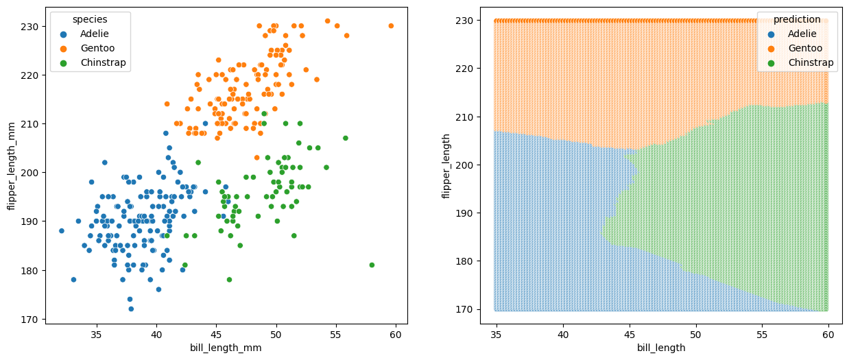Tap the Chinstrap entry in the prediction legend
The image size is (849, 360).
811,62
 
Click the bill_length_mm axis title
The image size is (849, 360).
226,348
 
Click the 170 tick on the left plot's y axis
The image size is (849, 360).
30,319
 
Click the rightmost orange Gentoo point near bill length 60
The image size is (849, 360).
391,26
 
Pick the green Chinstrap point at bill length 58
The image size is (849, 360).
372,265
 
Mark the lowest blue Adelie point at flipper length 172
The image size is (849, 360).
131,309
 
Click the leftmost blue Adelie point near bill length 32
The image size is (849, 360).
62,230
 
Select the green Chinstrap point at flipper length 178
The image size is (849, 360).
229,279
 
